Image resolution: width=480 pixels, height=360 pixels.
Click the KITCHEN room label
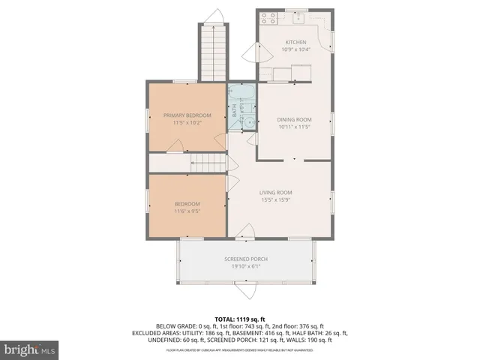pos(295,42)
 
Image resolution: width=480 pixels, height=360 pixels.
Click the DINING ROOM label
pos(294,119)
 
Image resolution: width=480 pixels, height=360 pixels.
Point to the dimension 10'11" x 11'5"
pos(294,127)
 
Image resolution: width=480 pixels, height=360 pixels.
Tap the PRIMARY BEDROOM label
pos(187,115)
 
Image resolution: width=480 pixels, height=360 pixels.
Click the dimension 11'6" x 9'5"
pos(187,212)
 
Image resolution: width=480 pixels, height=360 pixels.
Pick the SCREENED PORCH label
pos(246,259)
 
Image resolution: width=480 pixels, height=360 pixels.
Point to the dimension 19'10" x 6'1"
pos(246,266)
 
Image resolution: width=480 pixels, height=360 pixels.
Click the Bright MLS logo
pos(30,349)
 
